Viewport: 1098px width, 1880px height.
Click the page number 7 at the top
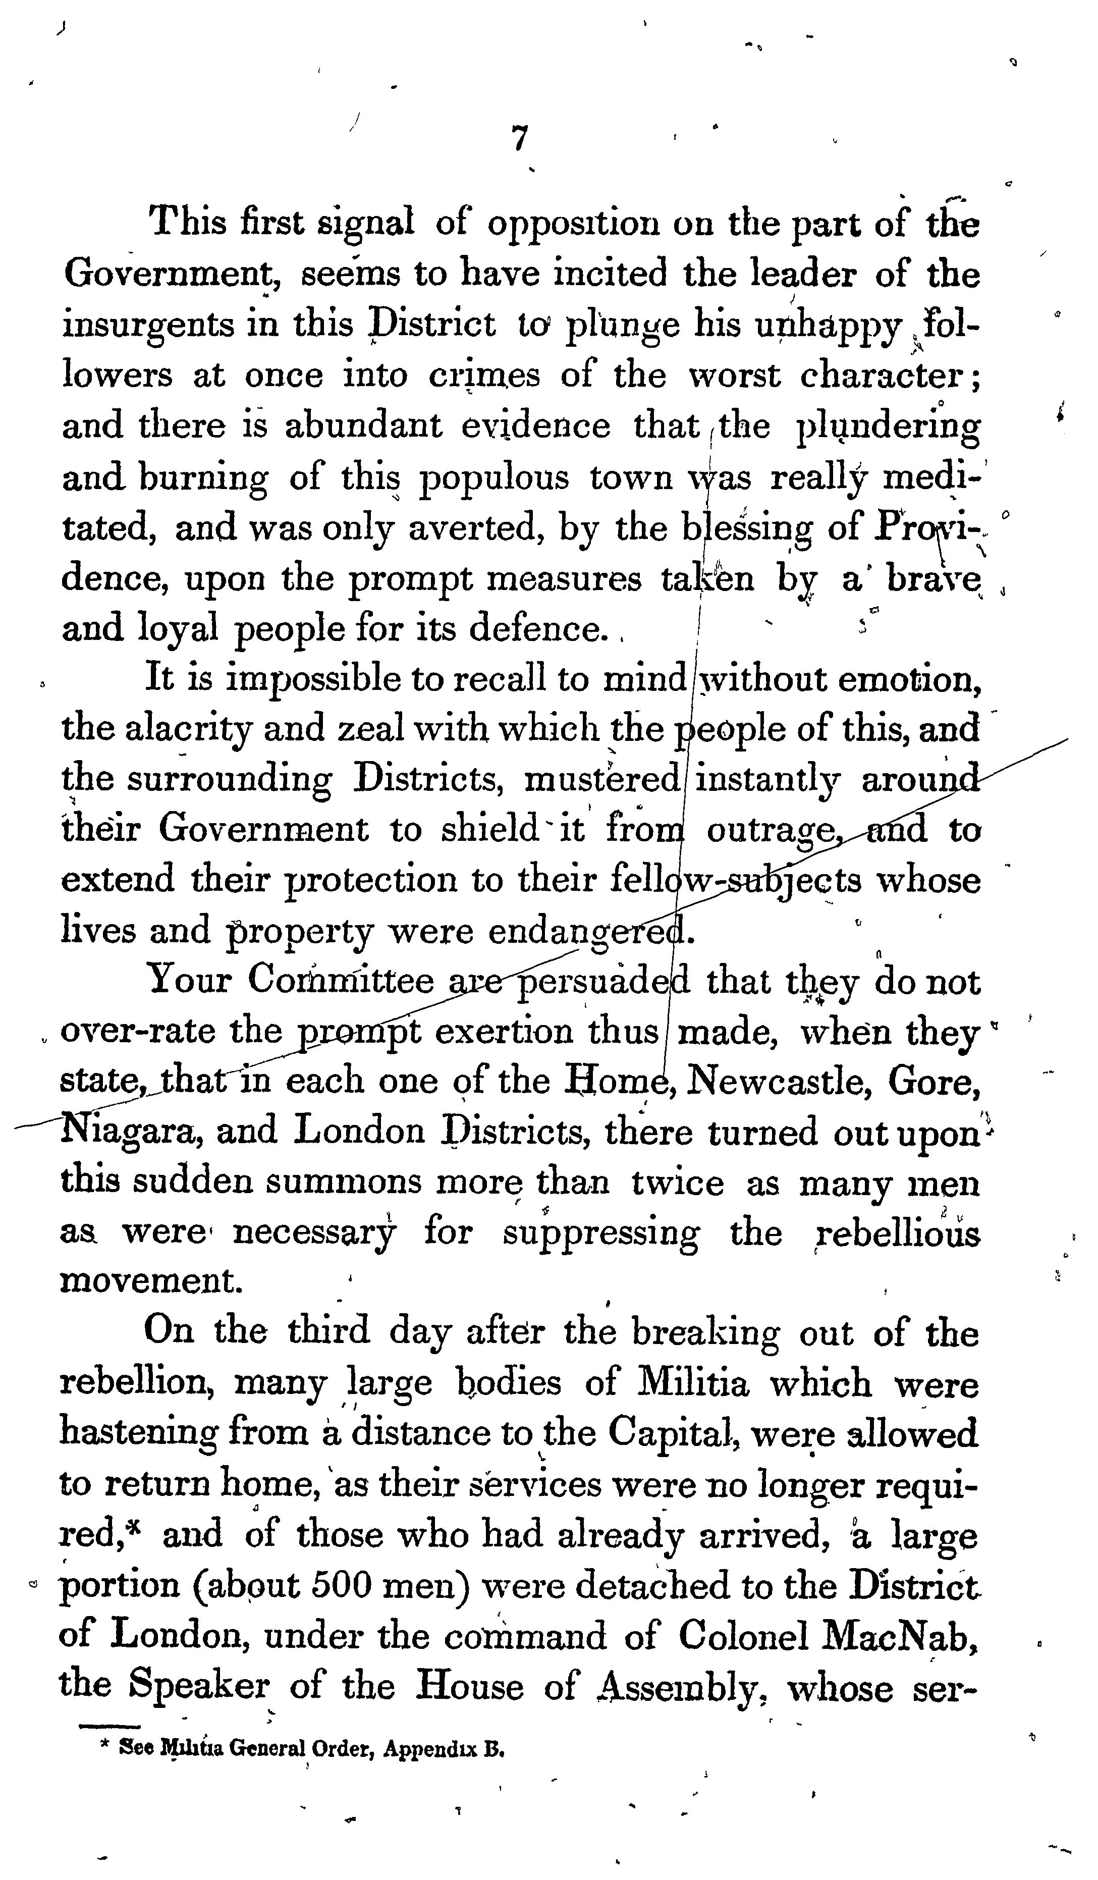tap(520, 139)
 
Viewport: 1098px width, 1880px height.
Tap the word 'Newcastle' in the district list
tap(772, 1081)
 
